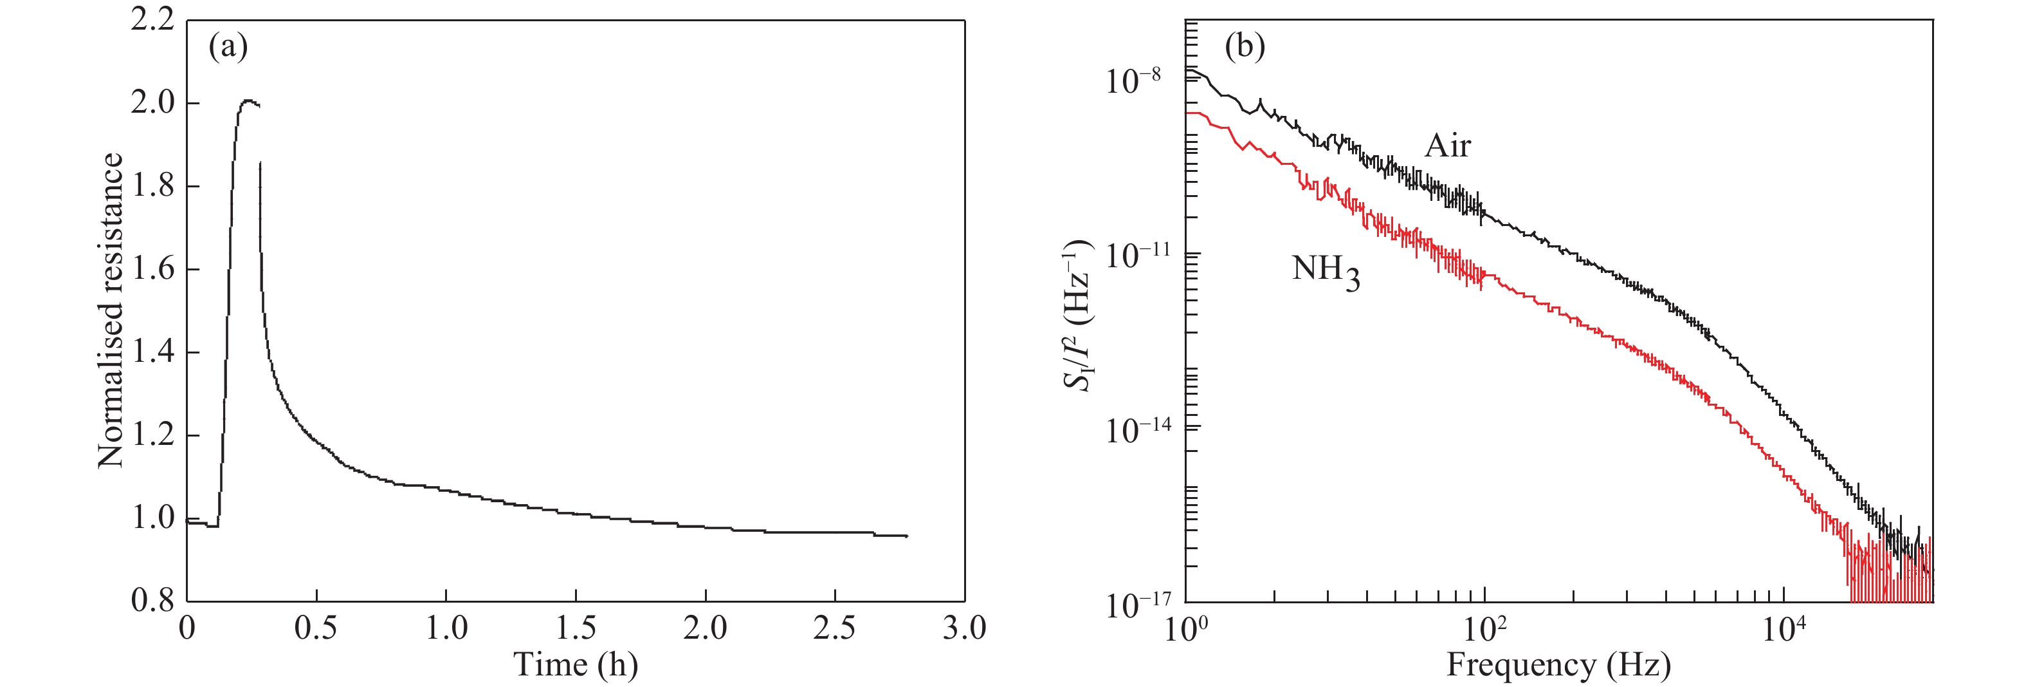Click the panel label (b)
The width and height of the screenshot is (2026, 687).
[1245, 47]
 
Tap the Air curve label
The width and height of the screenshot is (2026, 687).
[1447, 146]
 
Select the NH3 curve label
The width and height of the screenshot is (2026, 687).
[1326, 272]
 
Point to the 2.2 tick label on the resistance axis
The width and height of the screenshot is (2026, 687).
[152, 20]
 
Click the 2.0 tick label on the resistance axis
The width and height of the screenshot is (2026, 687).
[152, 103]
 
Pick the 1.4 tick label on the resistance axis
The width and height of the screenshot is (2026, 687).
[152, 352]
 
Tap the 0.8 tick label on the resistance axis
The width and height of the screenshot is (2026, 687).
[152, 601]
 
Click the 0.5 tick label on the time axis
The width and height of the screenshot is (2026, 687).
[316, 628]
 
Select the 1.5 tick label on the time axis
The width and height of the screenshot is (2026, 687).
[576, 628]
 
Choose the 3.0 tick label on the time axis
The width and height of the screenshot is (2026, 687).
[964, 628]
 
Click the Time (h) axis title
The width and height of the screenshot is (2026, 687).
[576, 665]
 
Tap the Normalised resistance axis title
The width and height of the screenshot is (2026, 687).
[111, 311]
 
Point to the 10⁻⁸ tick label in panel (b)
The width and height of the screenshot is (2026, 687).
[1133, 81]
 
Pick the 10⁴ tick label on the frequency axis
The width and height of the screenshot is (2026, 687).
[1783, 628]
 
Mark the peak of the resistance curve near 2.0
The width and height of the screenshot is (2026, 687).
[248, 100]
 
